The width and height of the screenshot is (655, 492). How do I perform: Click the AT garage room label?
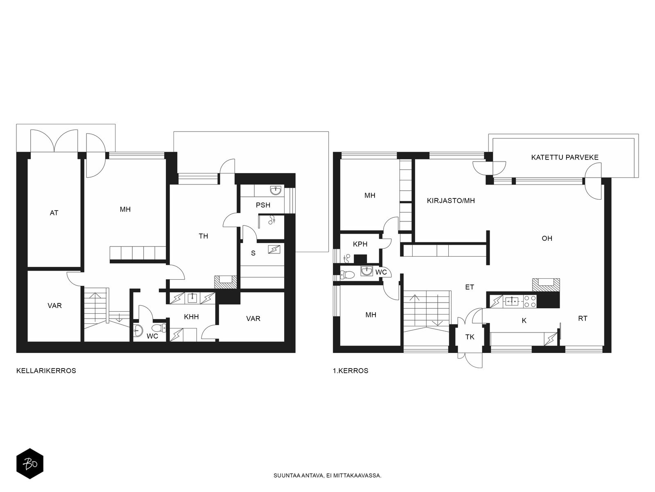54,213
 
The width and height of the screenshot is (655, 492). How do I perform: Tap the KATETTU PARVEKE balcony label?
565,157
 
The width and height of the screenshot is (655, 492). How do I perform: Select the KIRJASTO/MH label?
451,201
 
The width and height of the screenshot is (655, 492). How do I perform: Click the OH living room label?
547,238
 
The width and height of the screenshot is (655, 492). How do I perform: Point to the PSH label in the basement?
263,205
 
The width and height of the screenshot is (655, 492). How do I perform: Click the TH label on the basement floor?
203,236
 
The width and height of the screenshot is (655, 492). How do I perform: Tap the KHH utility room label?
191,317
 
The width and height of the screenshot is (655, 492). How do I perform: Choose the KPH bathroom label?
360,244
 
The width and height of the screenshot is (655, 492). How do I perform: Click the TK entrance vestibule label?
470,337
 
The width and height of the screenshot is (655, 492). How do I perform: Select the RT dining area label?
583,319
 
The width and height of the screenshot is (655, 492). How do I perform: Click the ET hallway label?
470,287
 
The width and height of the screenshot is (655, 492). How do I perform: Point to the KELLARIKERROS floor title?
46,371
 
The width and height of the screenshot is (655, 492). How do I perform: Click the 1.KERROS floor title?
350,371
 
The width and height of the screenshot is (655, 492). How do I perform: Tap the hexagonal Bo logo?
30,464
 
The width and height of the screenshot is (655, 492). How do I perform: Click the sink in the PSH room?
276,191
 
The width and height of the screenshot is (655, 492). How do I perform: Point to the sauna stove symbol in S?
274,249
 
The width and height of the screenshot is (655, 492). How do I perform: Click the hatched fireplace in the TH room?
226,282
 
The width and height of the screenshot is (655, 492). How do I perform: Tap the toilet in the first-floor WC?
346,275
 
